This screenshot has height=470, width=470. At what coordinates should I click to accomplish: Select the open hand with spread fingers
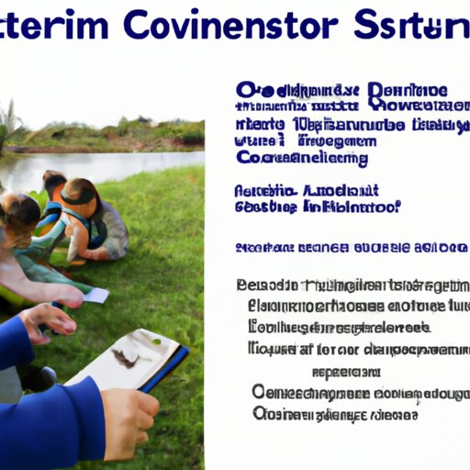coord(46,321)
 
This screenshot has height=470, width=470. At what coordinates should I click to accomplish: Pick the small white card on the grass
coord(95,295)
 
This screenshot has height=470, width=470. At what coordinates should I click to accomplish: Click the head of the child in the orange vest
coord(81,195)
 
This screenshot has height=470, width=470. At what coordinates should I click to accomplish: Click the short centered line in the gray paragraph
coord(346,372)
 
